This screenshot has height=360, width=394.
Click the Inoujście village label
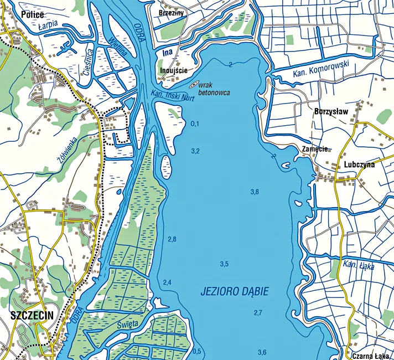[x=173, y=71]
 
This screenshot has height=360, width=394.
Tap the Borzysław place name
[x=330, y=111]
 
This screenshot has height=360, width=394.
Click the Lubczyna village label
[x=359, y=164]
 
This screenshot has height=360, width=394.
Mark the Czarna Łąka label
[x=369, y=355]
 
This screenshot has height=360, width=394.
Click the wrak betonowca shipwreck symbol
[x=194, y=86]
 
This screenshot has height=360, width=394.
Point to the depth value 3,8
[x=255, y=192]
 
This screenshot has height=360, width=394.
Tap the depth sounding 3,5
[x=224, y=264]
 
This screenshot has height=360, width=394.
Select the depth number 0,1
[x=195, y=124]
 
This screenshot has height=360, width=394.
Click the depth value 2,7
[x=258, y=313]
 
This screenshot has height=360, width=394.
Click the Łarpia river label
[x=49, y=25]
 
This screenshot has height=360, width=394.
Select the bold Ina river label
[x=168, y=53]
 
